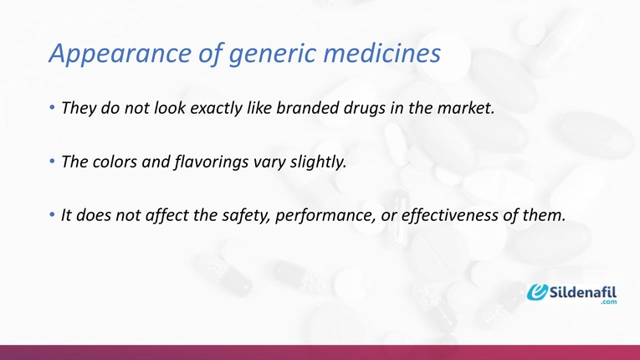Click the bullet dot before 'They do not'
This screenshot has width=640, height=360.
click(52, 109)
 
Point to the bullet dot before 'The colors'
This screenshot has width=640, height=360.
click(52, 162)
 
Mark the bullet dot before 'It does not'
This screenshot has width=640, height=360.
click(52, 214)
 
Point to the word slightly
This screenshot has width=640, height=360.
click(316, 162)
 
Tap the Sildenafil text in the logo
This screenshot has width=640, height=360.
click(584, 291)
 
